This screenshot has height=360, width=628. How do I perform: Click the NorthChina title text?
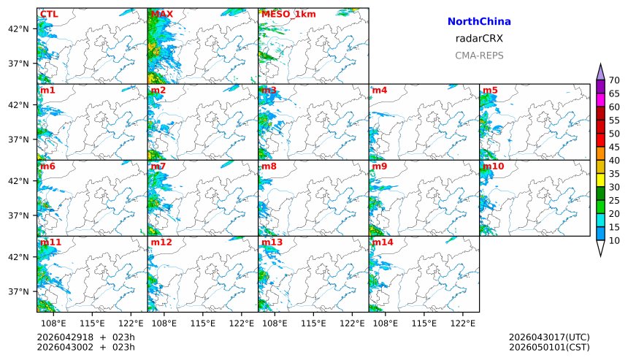coord(478,22)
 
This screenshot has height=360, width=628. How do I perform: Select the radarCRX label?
coord(478,39)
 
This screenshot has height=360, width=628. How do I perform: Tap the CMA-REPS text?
coord(478,55)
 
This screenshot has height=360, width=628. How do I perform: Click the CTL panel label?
coord(49,14)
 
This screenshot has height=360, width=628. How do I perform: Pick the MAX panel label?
coord(161,14)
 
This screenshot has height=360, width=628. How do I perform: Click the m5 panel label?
coord(490,90)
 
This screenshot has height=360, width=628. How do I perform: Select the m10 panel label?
coord(493,166)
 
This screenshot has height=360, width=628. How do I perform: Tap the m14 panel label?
coord(383,242)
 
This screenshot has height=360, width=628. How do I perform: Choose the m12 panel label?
coord(161,242)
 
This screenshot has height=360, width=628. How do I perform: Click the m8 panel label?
coord(269,166)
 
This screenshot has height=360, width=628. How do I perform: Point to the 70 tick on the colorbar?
coord(614,80)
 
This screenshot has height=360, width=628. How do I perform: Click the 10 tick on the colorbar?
coord(614,240)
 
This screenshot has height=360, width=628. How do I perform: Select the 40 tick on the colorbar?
coord(614,160)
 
